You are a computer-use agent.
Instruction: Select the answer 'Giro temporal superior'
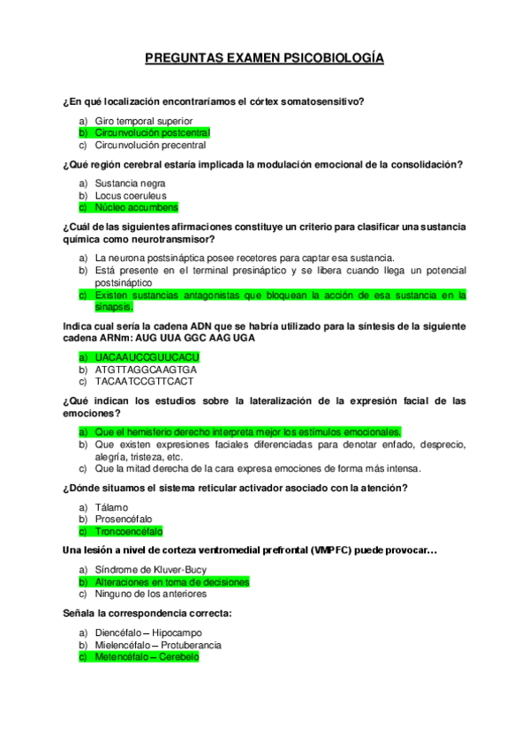coord(143,121)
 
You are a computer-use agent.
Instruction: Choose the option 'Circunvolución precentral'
coord(150,146)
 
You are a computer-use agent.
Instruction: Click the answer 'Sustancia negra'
coord(130,183)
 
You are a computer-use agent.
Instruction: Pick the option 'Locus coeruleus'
coord(131,196)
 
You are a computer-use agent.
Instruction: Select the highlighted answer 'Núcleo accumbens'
coord(136,208)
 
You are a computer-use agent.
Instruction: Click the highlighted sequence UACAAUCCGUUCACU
coord(147,357)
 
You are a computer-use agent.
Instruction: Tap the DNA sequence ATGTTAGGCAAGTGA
coord(146,370)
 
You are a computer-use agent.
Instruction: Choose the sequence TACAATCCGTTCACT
coord(145,382)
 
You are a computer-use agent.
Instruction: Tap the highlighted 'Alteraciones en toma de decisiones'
coord(171,582)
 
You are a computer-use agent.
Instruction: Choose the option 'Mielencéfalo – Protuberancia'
coord(158,645)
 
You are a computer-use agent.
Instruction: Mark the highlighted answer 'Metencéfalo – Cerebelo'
coord(147,657)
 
